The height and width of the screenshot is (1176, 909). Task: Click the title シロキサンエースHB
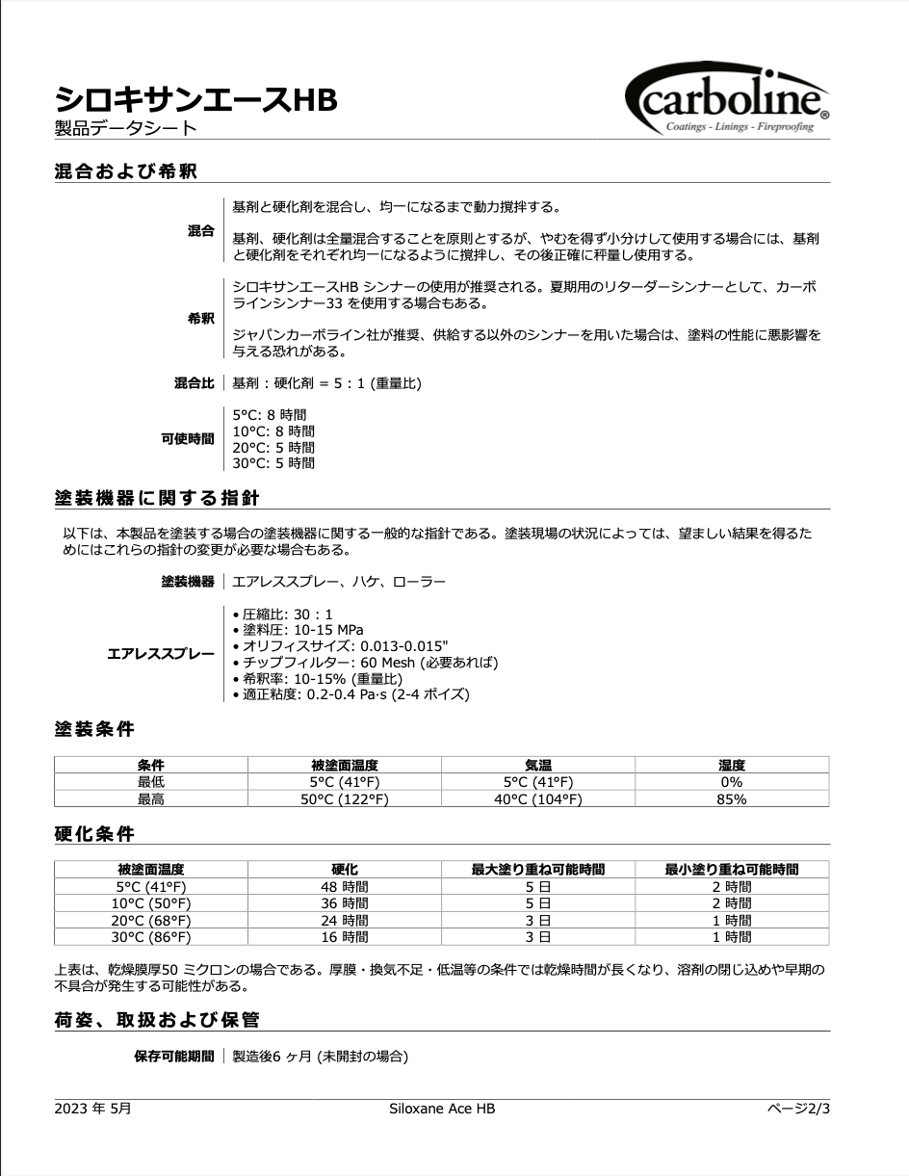coord(195,98)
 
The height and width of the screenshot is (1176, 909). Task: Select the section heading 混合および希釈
coord(126,171)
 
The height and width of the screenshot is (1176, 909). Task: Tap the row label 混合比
coord(194,383)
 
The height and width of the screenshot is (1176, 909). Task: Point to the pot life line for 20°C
coord(273,448)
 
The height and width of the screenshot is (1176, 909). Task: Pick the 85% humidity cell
coord(731,799)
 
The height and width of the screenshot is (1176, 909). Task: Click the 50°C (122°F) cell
coord(344,799)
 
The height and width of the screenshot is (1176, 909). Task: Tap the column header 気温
coord(537,766)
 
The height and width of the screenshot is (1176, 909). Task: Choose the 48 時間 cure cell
coord(344,886)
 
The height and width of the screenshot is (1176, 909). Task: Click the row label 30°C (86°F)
coord(151,936)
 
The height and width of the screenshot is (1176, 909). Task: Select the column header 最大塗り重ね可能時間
coord(537,870)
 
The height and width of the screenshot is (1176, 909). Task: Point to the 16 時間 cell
coord(344,936)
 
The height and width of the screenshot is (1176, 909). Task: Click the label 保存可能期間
coord(173,1057)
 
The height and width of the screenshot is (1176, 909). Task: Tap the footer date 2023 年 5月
coord(92,1109)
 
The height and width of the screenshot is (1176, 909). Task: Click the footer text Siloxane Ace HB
coord(442,1109)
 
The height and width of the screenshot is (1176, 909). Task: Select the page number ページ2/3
coord(797,1109)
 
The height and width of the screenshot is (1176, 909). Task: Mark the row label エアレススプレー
coord(161,654)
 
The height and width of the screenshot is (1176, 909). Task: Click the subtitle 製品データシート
coord(125,127)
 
